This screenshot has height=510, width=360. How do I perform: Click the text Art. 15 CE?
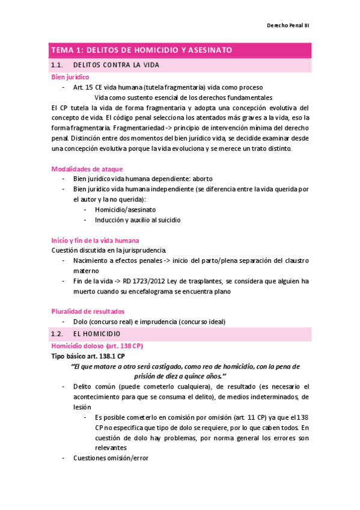pos(87,88)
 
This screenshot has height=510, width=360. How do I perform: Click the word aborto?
pos(200,179)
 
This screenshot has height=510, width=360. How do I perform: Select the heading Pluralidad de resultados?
pos(88,312)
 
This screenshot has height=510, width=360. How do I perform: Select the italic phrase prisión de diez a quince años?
pos(180,376)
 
